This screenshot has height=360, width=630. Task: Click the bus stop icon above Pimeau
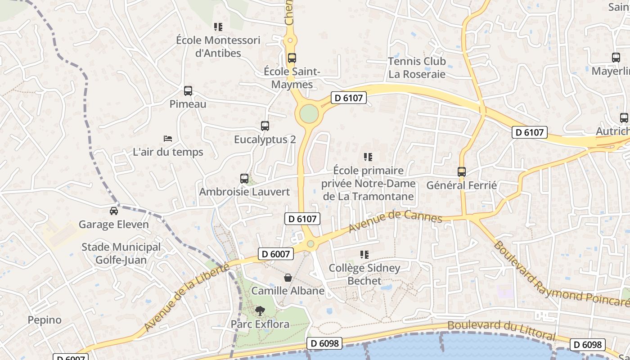pos(188,90)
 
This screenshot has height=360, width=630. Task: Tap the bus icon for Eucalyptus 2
pos(265,126)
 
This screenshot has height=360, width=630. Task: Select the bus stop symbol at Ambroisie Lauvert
pos(244,178)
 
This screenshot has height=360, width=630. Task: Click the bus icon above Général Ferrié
pos(462,171)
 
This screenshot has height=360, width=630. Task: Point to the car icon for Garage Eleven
pos(114,211)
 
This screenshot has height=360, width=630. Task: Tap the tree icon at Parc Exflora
pos(260,310)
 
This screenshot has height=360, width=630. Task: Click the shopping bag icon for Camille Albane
pos(288,278)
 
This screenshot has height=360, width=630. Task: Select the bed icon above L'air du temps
pos(168,139)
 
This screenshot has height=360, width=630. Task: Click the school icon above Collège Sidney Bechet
pos(364,255)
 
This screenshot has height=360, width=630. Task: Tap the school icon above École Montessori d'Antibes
pos(218,27)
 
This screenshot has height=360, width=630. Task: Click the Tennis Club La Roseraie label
pos(417,67)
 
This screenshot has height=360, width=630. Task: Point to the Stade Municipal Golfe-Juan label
pos(121,253)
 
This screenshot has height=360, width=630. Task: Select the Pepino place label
pos(45,320)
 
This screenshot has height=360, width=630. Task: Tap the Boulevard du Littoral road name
pos(501,330)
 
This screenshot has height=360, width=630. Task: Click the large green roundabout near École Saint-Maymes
pos(309,113)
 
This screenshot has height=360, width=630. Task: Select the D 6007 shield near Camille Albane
pos(276,254)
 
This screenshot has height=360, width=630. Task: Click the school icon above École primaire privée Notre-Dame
pos(368,157)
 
